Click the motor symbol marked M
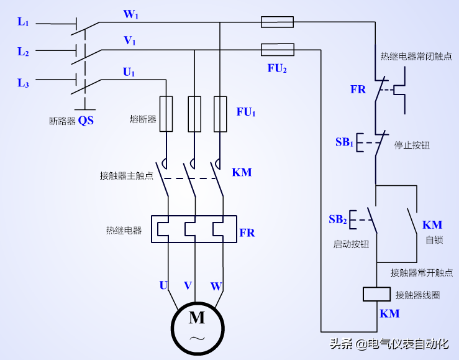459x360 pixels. coord(197,327)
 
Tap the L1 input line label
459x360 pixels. coord(23,22)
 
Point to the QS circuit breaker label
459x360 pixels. coord(86,120)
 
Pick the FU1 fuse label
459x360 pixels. coord(246,112)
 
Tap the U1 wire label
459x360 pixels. coord(129,73)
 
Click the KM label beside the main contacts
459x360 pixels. coord(242,172)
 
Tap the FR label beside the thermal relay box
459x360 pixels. coord(247,233)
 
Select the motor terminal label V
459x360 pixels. coord(188,285)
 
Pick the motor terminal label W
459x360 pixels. coord(216,286)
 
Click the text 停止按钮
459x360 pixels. coord(412,145)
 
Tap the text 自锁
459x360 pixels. coord(434,240)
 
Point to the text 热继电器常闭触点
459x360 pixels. coord(416,57)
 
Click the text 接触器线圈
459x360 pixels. coord(417,294)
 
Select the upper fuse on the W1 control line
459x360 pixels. coord(277,22)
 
